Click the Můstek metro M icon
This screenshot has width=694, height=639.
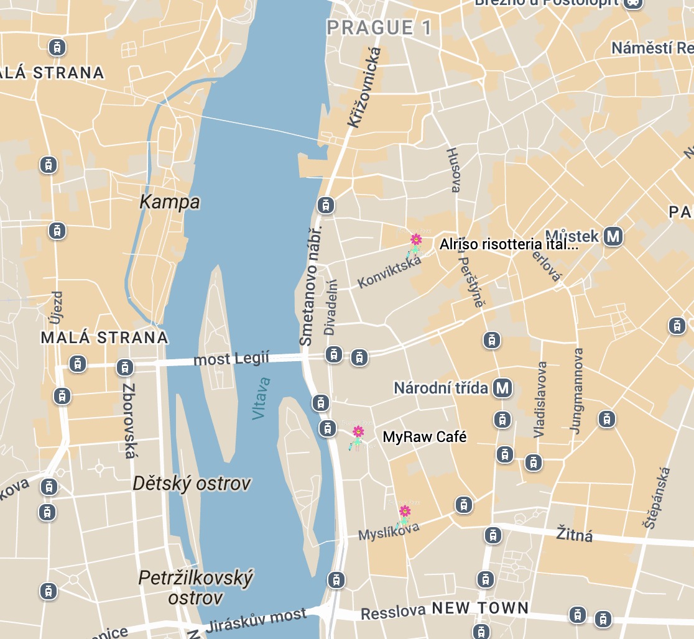click(614, 236)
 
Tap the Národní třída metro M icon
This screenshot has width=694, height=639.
click(502, 388)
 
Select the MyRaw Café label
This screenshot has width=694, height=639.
click(424, 437)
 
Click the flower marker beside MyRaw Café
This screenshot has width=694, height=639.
click(358, 436)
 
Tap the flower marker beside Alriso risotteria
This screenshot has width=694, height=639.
click(415, 244)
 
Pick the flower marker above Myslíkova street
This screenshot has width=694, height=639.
click(404, 515)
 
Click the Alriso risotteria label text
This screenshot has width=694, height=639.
click(509, 244)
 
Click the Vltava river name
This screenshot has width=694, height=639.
click(262, 398)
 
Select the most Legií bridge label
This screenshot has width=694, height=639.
click(231, 359)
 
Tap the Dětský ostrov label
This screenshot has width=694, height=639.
click(192, 483)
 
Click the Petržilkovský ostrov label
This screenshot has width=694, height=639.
click(195, 587)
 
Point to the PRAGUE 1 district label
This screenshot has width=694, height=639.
click(379, 28)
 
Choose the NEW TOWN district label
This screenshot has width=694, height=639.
click(480, 608)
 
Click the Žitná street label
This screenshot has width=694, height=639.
click(574, 534)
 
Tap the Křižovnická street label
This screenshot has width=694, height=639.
click(363, 88)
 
